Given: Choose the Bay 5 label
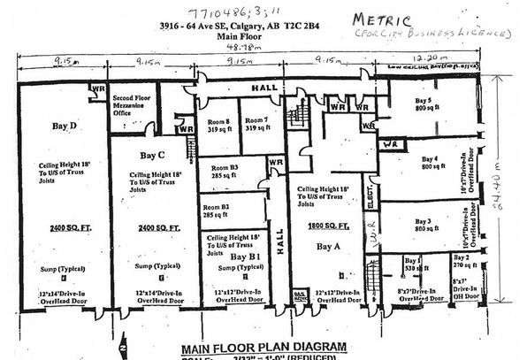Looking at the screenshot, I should coord(424,102).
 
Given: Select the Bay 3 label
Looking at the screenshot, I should coord(424,221).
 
